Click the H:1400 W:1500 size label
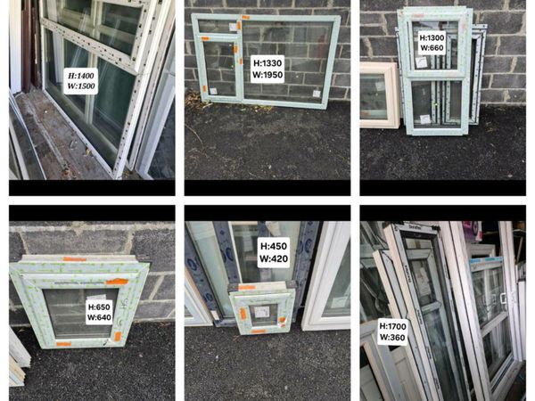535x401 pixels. click(81, 81)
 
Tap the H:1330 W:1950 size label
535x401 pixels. click(267, 69)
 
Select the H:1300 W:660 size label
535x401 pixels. click(432, 43)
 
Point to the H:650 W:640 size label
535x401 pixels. click(99, 313)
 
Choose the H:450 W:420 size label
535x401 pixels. click(274, 252)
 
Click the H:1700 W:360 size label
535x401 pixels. click(392, 331)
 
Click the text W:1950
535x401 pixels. click(267, 75)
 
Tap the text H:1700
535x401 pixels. click(392, 326)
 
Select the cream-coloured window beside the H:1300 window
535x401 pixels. click(380, 95)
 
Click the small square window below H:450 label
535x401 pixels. click(262, 307)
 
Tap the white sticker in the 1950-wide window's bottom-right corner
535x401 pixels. click(317, 94)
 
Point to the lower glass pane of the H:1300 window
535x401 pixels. click(436, 103)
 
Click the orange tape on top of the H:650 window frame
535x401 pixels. click(75, 259)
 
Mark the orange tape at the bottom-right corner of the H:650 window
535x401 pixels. click(118, 336)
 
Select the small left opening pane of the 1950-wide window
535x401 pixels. click(218, 69)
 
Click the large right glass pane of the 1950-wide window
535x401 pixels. click(287, 61)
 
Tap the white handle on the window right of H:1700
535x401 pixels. click(503, 299)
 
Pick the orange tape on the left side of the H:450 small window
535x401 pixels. click(243, 314)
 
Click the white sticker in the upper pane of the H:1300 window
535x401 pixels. click(421, 62)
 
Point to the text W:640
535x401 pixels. click(99, 317)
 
